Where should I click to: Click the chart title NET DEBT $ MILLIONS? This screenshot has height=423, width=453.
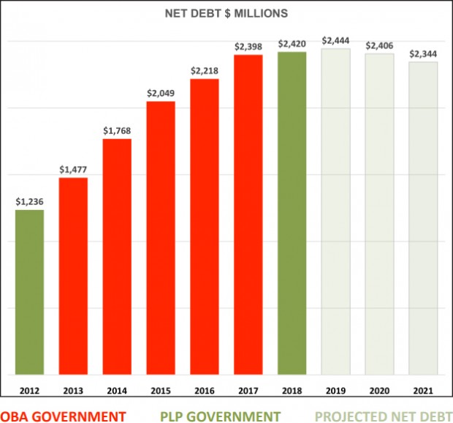click(x=226, y=12)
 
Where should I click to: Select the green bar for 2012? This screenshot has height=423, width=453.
click(x=29, y=293)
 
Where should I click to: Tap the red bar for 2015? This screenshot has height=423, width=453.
click(x=161, y=238)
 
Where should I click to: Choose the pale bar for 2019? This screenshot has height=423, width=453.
click(x=336, y=211)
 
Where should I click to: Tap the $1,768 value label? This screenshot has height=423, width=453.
click(x=117, y=130)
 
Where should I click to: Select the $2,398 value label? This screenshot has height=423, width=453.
click(x=248, y=46)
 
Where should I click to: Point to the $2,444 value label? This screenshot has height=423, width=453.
click(x=336, y=40)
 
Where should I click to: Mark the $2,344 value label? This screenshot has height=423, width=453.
click(x=424, y=53)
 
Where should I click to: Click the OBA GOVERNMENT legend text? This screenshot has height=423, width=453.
click(x=64, y=415)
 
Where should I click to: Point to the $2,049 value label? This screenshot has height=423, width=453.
click(x=161, y=93)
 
